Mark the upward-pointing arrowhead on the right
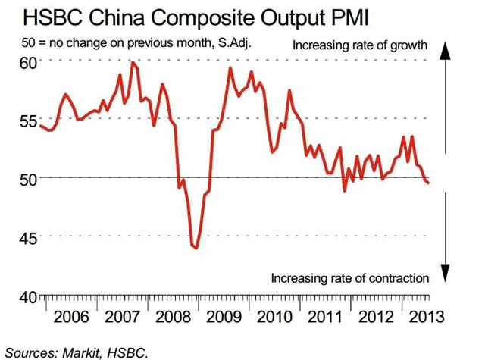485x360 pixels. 446,47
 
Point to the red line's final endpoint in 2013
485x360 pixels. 428,183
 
